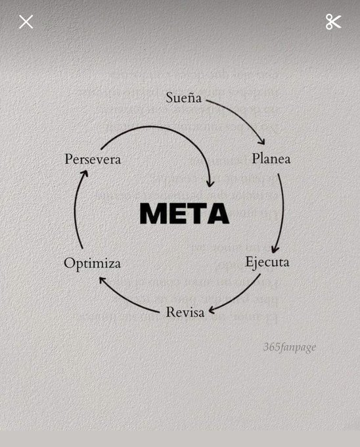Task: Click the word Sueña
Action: (x=184, y=97)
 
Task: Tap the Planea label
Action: (x=271, y=158)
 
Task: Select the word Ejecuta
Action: (x=267, y=262)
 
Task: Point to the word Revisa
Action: (x=185, y=312)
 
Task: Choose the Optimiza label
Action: (x=92, y=263)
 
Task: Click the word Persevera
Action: (x=93, y=159)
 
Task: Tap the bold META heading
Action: (x=185, y=213)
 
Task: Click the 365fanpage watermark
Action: (x=290, y=347)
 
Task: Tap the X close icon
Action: (x=26, y=22)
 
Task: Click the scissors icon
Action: (x=334, y=22)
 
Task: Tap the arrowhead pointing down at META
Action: (x=210, y=183)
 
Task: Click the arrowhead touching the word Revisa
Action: (x=212, y=311)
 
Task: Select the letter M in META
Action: (x=152, y=213)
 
